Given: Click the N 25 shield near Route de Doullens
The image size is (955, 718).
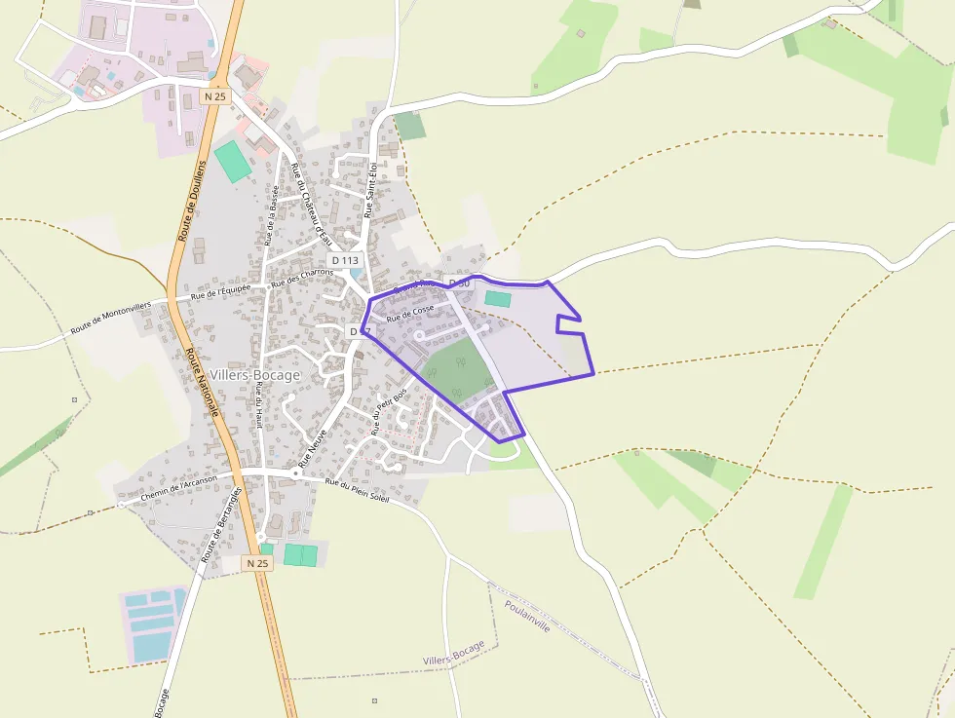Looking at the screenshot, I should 215,96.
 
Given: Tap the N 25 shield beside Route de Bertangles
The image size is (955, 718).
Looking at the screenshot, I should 257,563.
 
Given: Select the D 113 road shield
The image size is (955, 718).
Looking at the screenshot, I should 345,260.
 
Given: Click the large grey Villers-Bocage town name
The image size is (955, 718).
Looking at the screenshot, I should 255,374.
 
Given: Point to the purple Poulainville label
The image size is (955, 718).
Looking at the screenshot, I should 527,616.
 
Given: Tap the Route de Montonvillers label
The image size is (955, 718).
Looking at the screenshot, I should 112,319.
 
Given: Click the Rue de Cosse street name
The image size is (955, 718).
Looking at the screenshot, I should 410,313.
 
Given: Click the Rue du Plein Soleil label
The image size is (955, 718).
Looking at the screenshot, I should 357,490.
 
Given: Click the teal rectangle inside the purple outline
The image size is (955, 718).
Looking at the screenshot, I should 498,299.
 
